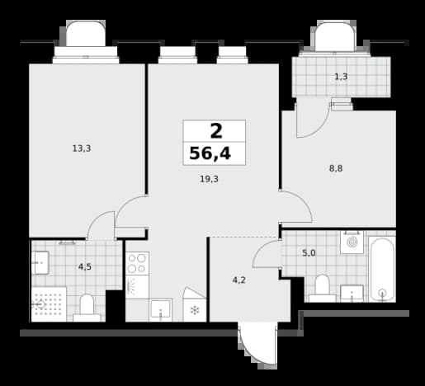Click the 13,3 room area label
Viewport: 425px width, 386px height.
(x=82, y=148)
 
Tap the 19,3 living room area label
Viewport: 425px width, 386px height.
(x=209, y=179)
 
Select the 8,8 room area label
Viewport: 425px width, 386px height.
(x=336, y=168)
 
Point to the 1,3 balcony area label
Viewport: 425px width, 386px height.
(x=341, y=77)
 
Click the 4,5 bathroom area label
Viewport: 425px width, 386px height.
(x=85, y=266)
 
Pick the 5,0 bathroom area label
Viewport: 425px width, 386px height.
(x=309, y=253)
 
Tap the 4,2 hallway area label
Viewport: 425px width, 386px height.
(x=238, y=280)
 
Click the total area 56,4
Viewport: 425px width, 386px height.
(x=210, y=153)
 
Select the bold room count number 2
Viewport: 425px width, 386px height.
(x=216, y=131)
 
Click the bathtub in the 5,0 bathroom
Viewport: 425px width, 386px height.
(x=382, y=270)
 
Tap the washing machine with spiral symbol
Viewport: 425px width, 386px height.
(x=352, y=242)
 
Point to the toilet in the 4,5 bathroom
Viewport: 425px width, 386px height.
(x=87, y=308)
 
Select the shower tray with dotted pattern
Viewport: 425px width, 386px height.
(x=49, y=304)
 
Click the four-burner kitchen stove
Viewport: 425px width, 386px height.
(x=137, y=263)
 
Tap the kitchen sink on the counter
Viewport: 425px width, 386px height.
(x=161, y=311)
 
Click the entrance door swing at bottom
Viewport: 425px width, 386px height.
(x=257, y=346)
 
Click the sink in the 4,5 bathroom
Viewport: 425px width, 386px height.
(x=40, y=262)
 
